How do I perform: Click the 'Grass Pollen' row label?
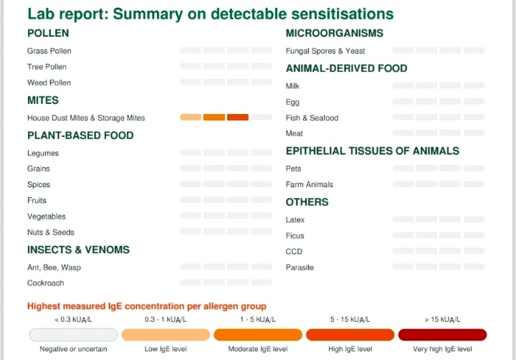49,51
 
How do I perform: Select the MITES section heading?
43,100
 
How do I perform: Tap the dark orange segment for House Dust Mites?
237,117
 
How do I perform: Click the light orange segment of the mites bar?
190,117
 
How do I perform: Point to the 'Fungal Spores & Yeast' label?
325,51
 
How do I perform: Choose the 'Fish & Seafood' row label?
312,118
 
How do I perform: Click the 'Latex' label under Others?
295,219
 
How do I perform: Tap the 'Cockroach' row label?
46,283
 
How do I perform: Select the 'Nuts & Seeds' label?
51,232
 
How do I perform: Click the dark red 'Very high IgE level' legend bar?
442,335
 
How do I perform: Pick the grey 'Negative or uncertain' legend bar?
73,335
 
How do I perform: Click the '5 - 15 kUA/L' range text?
350,319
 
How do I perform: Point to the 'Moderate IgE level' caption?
257,349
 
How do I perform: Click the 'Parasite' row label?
300,267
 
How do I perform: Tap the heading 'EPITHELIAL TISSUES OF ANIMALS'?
372,151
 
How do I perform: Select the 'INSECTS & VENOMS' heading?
78,250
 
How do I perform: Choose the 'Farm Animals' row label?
310,184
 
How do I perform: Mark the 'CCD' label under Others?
294,252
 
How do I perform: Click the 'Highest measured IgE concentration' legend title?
147,306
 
